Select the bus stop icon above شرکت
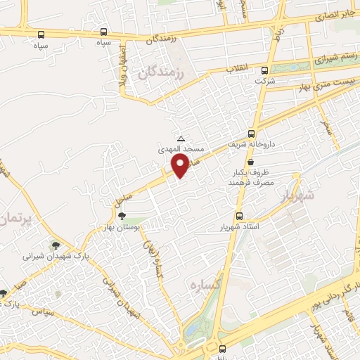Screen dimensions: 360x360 (x=264, y=70)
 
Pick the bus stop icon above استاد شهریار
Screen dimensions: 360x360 (x=239, y=217)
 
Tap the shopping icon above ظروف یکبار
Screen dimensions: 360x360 (x=251, y=162)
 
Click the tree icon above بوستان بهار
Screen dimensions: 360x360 (x=123, y=217)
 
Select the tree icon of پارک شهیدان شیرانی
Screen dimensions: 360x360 (x=56, y=245)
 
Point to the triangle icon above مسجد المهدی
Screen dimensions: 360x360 (x=182, y=139)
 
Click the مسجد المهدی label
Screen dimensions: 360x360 (x=182, y=150)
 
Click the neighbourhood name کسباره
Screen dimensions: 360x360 (x=203, y=286)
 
